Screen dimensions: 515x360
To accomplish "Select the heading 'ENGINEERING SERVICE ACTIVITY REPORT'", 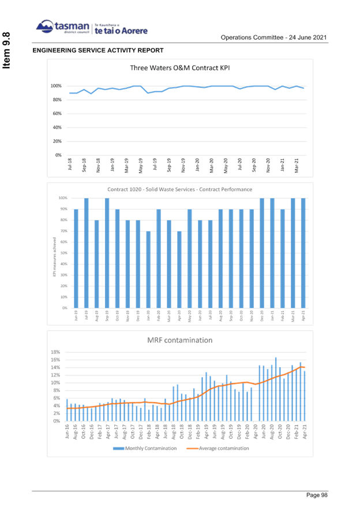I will pyautogui.click(x=98, y=51).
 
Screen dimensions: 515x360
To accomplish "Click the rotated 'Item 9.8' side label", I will pyautogui.click(x=7, y=53).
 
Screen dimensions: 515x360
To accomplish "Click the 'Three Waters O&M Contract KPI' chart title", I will pyautogui.click(x=180, y=68).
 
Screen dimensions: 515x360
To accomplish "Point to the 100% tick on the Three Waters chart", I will pyautogui.click(x=57, y=86).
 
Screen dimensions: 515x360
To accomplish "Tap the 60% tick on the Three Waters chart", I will pyautogui.click(x=58, y=114).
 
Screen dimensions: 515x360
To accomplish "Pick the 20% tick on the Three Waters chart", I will pyautogui.click(x=58, y=141).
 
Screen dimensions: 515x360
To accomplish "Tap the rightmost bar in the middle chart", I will pyautogui.click(x=303, y=253).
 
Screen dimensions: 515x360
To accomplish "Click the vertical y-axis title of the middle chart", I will pyautogui.click(x=54, y=252).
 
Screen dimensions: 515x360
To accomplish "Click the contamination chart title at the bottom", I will pyautogui.click(x=180, y=340).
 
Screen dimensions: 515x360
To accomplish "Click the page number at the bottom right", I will pyautogui.click(x=317, y=495).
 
